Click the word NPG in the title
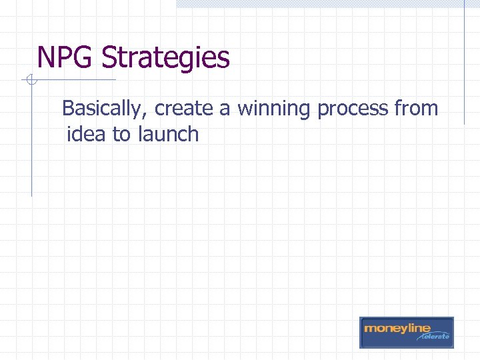[66, 57]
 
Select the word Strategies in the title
[165, 59]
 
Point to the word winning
[273, 109]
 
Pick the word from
[416, 108]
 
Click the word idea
[87, 134]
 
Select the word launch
[168, 134]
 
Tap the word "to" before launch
[121, 135]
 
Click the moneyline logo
[406, 332]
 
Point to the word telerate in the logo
[435, 337]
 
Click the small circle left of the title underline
[29, 81]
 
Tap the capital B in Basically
[68, 108]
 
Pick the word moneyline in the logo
[397, 328]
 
